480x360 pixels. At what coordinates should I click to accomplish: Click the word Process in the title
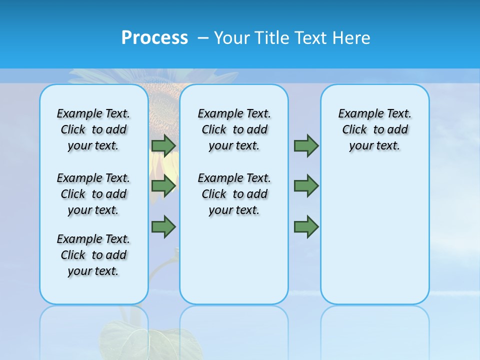click(x=154, y=37)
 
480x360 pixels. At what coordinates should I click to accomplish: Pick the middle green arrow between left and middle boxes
click(x=163, y=186)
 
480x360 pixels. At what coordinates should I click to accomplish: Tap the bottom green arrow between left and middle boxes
click(x=163, y=226)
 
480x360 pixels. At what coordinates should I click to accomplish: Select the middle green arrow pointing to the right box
click(x=306, y=186)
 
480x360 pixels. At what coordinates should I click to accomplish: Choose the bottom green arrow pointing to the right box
click(x=306, y=226)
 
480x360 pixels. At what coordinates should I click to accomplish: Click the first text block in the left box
click(x=93, y=129)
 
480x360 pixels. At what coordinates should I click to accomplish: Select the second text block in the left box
click(x=93, y=194)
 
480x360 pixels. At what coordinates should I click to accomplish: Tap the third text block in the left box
click(x=93, y=255)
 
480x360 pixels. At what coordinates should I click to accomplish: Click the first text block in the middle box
click(x=234, y=129)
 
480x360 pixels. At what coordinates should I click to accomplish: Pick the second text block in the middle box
click(x=234, y=194)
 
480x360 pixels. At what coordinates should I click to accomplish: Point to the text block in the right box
click(x=374, y=129)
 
